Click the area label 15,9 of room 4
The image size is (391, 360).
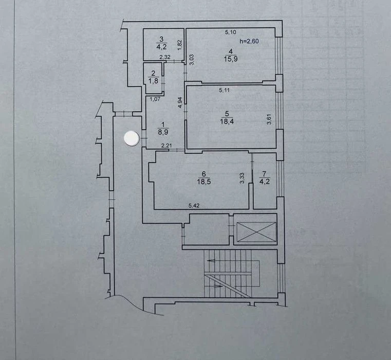click(231, 59)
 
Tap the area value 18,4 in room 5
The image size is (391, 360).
click(227, 121)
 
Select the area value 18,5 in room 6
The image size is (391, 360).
click(204, 182)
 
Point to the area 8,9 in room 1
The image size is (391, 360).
click(163, 132)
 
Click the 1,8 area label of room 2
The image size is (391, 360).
click(153, 81)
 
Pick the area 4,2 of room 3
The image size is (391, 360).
click(161, 47)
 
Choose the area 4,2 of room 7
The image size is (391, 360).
click(265, 181)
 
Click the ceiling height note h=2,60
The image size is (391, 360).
click(249, 41)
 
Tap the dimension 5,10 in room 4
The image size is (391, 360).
click(231, 32)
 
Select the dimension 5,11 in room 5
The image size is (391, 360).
click(224, 91)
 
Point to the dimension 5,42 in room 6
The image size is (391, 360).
click(194, 206)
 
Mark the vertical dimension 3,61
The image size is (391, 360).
click(269, 119)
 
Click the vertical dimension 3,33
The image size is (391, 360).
click(242, 178)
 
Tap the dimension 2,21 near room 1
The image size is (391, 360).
click(166, 146)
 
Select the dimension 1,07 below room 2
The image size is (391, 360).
click(155, 99)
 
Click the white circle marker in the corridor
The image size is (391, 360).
click(132, 138)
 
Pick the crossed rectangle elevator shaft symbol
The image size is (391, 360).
click(256, 232)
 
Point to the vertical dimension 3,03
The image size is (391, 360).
click(192, 60)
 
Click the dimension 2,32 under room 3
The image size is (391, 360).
click(165, 57)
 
